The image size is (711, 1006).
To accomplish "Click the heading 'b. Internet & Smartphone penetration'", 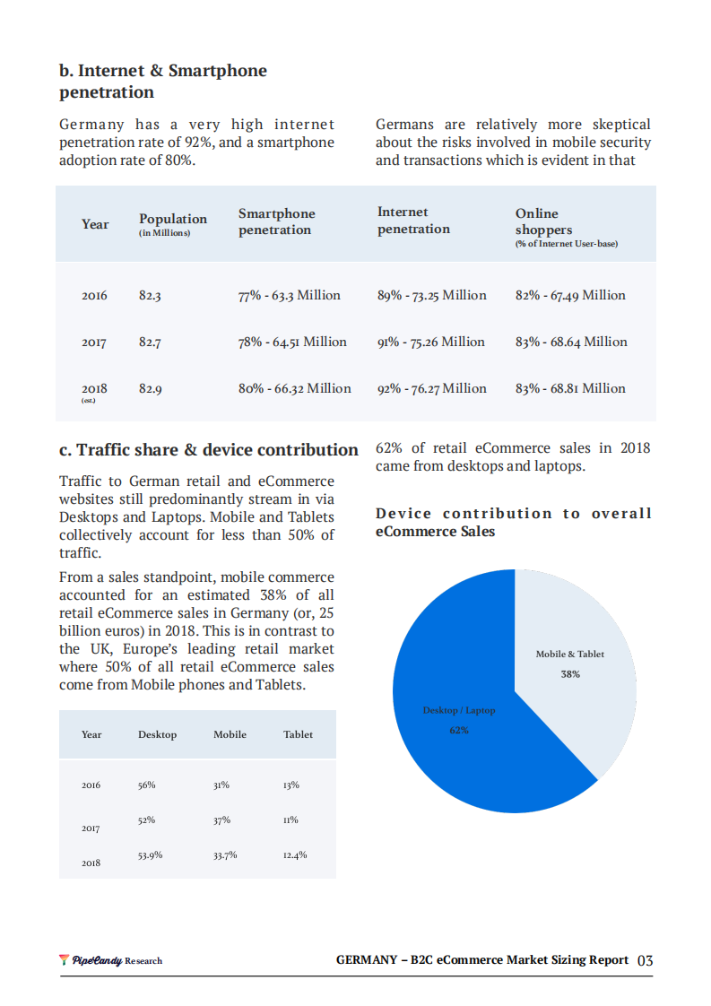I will (x=162, y=82).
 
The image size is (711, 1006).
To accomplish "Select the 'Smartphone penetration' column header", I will (x=276, y=221).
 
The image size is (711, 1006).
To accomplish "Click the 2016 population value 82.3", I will (x=150, y=296).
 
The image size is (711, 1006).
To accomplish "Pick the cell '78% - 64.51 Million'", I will (x=292, y=343).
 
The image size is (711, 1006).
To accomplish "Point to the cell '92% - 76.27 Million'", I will (x=431, y=389).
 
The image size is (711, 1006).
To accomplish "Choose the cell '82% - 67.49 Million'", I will (x=570, y=296).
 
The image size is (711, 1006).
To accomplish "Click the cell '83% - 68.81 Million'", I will (x=570, y=389).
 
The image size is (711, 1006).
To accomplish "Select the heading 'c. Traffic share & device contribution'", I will (x=208, y=450).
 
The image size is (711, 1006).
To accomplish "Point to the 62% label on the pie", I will (x=458, y=730).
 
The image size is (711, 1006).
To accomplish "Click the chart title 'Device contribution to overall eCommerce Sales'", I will (x=513, y=523).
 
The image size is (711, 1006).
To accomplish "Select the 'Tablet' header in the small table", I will (x=298, y=734).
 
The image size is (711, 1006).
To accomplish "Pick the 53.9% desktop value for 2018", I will (x=150, y=855).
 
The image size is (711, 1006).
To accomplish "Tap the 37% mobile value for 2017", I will (x=221, y=820).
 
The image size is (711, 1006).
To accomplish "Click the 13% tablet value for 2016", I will (x=290, y=785).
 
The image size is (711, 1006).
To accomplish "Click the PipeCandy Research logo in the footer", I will (x=111, y=960).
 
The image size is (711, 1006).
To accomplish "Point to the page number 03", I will (x=645, y=960).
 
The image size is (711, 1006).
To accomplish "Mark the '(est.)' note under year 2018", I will (x=89, y=401).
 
